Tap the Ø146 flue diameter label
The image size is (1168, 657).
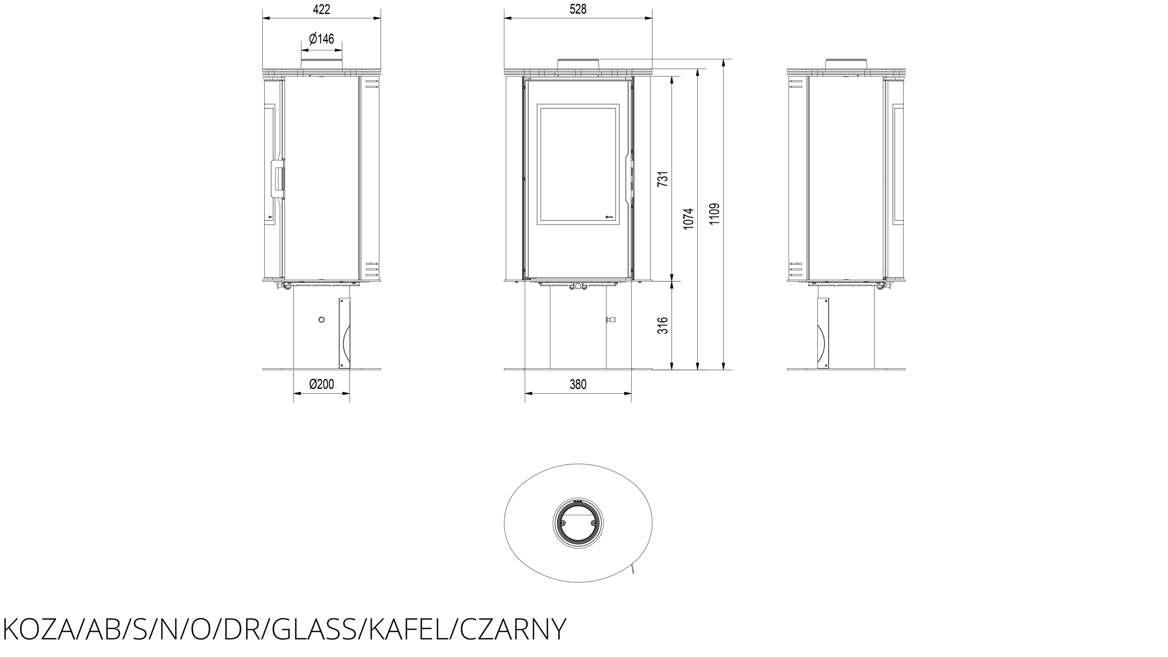pyautogui.click(x=322, y=39)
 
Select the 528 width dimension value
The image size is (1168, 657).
pyautogui.click(x=578, y=9)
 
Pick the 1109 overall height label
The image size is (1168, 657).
pyautogui.click(x=714, y=214)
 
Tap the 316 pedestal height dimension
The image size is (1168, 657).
pyautogui.click(x=663, y=326)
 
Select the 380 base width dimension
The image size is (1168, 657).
pyautogui.click(x=578, y=385)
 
